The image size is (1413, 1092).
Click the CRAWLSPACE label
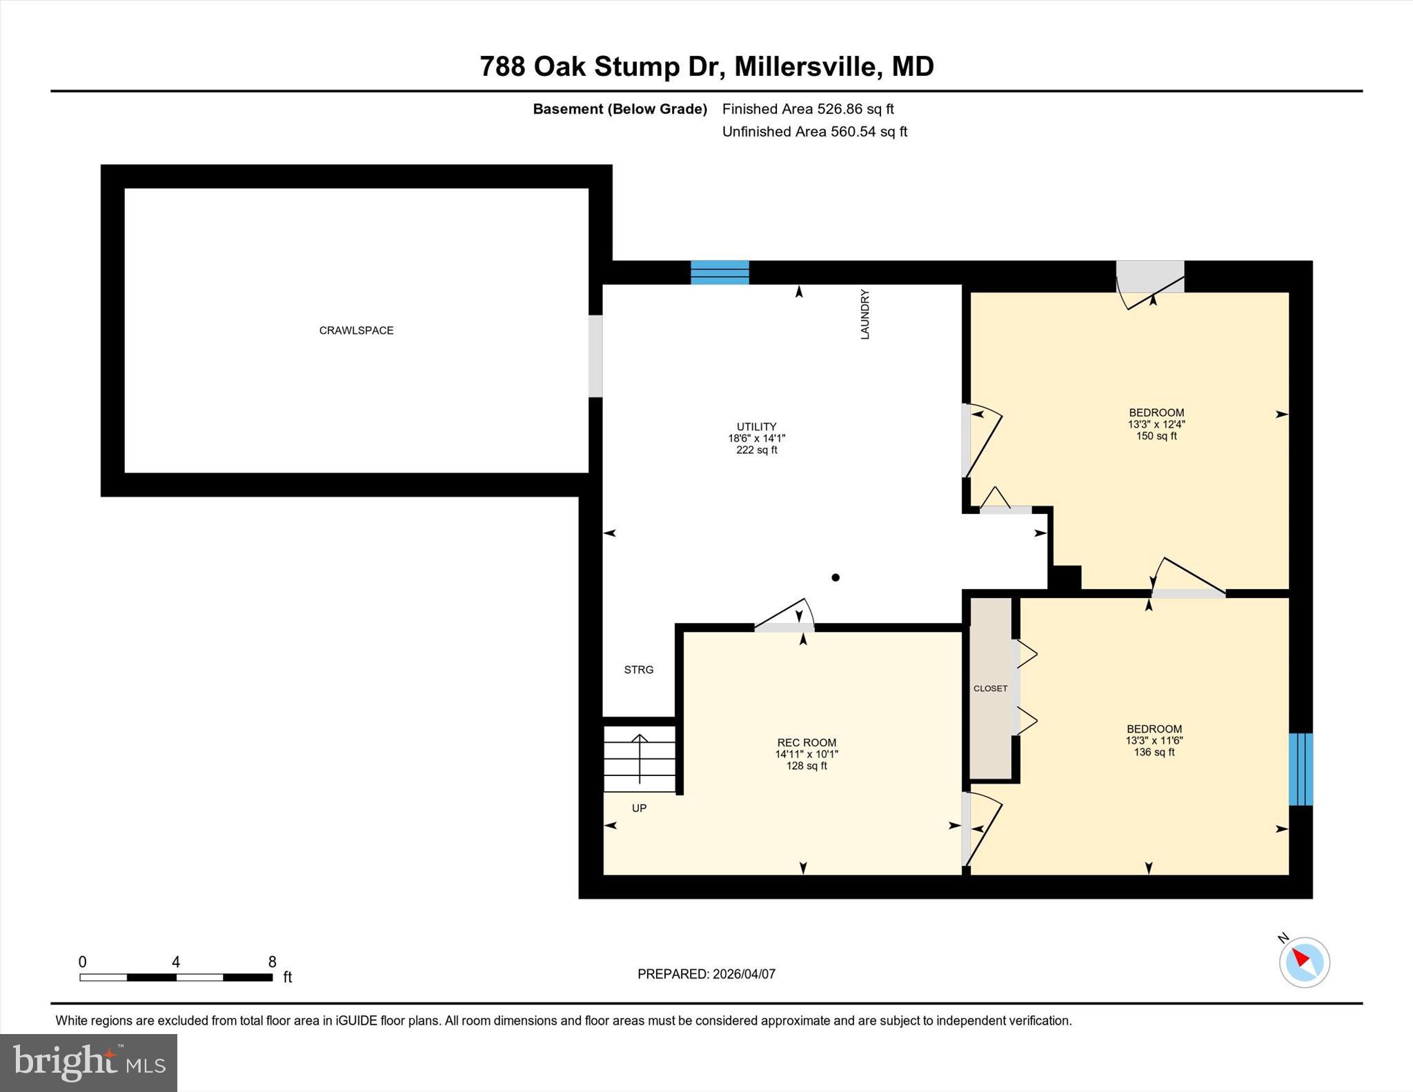[356, 330]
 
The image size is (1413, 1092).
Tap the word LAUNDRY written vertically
[864, 315]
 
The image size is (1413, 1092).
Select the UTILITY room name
[756, 427]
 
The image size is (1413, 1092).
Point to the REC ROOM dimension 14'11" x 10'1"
[806, 754]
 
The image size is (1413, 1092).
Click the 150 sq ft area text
[1156, 436]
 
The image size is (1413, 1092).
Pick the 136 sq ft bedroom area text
[1154, 752]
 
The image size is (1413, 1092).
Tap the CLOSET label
[990, 688]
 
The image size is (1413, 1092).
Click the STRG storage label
[638, 670]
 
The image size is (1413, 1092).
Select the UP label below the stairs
[639, 808]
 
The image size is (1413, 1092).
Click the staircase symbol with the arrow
[640, 758]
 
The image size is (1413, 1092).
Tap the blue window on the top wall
[720, 272]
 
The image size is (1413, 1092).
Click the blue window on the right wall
[1301, 769]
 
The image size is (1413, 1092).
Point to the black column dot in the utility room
[836, 577]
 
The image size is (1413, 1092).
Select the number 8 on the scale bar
[272, 962]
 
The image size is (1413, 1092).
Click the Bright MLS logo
[88, 1062]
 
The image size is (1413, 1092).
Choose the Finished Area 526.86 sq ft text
[807, 109]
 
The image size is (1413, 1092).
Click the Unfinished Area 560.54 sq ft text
[814, 132]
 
